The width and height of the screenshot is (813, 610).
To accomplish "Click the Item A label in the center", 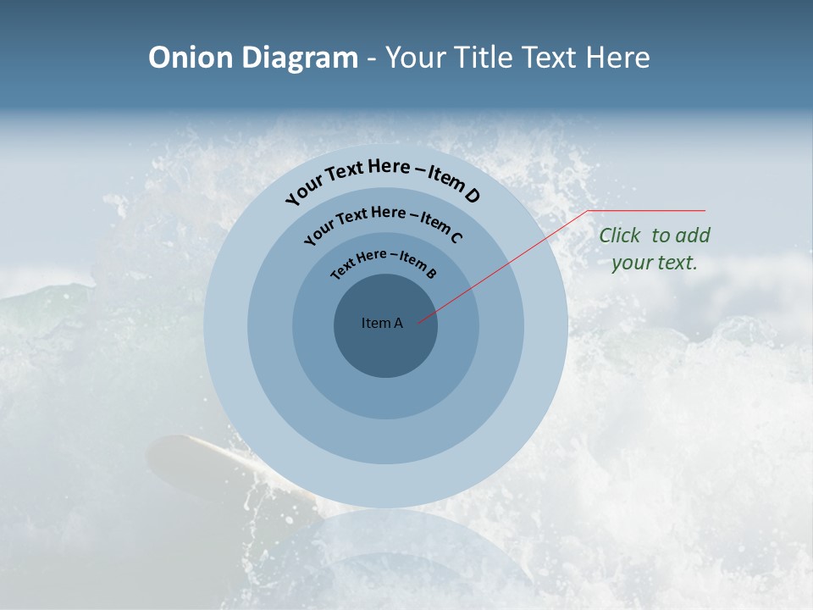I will click(x=382, y=323).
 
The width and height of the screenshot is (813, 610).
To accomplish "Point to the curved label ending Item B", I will click(x=384, y=262).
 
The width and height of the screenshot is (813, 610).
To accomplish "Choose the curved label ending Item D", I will click(x=383, y=177).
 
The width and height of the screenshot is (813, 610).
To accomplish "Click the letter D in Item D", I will click(x=473, y=197).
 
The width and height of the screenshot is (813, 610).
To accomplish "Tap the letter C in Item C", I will click(x=456, y=237).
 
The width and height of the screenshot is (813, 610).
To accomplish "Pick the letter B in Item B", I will click(x=431, y=273).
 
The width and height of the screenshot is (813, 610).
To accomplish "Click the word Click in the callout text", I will click(x=622, y=236).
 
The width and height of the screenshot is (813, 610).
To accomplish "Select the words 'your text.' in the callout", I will click(x=655, y=263).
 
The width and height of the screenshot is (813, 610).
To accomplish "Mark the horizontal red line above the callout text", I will click(x=647, y=210).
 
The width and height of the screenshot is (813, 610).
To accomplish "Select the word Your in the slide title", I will click(x=415, y=58).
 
